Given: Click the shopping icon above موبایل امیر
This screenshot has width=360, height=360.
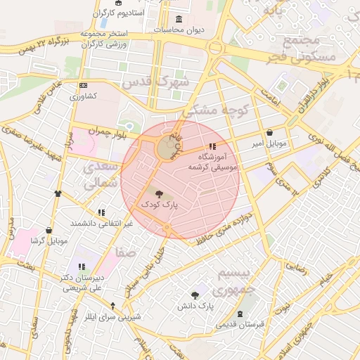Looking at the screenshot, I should point(270,132).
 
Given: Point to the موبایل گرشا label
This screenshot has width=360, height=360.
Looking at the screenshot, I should point(49,240).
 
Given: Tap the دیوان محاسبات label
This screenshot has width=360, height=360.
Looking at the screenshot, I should point(178,30).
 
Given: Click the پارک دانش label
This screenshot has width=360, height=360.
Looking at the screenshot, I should point(195,306).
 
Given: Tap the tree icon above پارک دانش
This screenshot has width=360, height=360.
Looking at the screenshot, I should point(195,295).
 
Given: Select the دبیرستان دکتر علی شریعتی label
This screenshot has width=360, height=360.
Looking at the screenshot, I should point(82,283).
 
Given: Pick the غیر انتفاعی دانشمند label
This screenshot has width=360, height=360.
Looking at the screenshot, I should point(101,223).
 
